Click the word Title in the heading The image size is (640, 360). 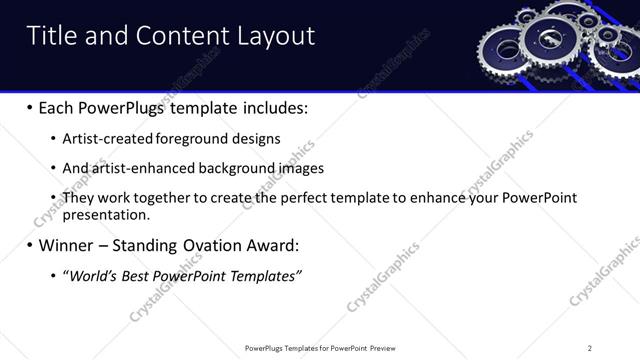coord(51,37)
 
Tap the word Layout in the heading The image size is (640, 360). coord(275,37)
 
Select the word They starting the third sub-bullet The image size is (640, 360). coord(79,198)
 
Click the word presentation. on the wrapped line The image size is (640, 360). coord(106,214)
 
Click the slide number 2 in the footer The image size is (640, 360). coord(590,348)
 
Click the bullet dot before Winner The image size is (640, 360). coord(29,245)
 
